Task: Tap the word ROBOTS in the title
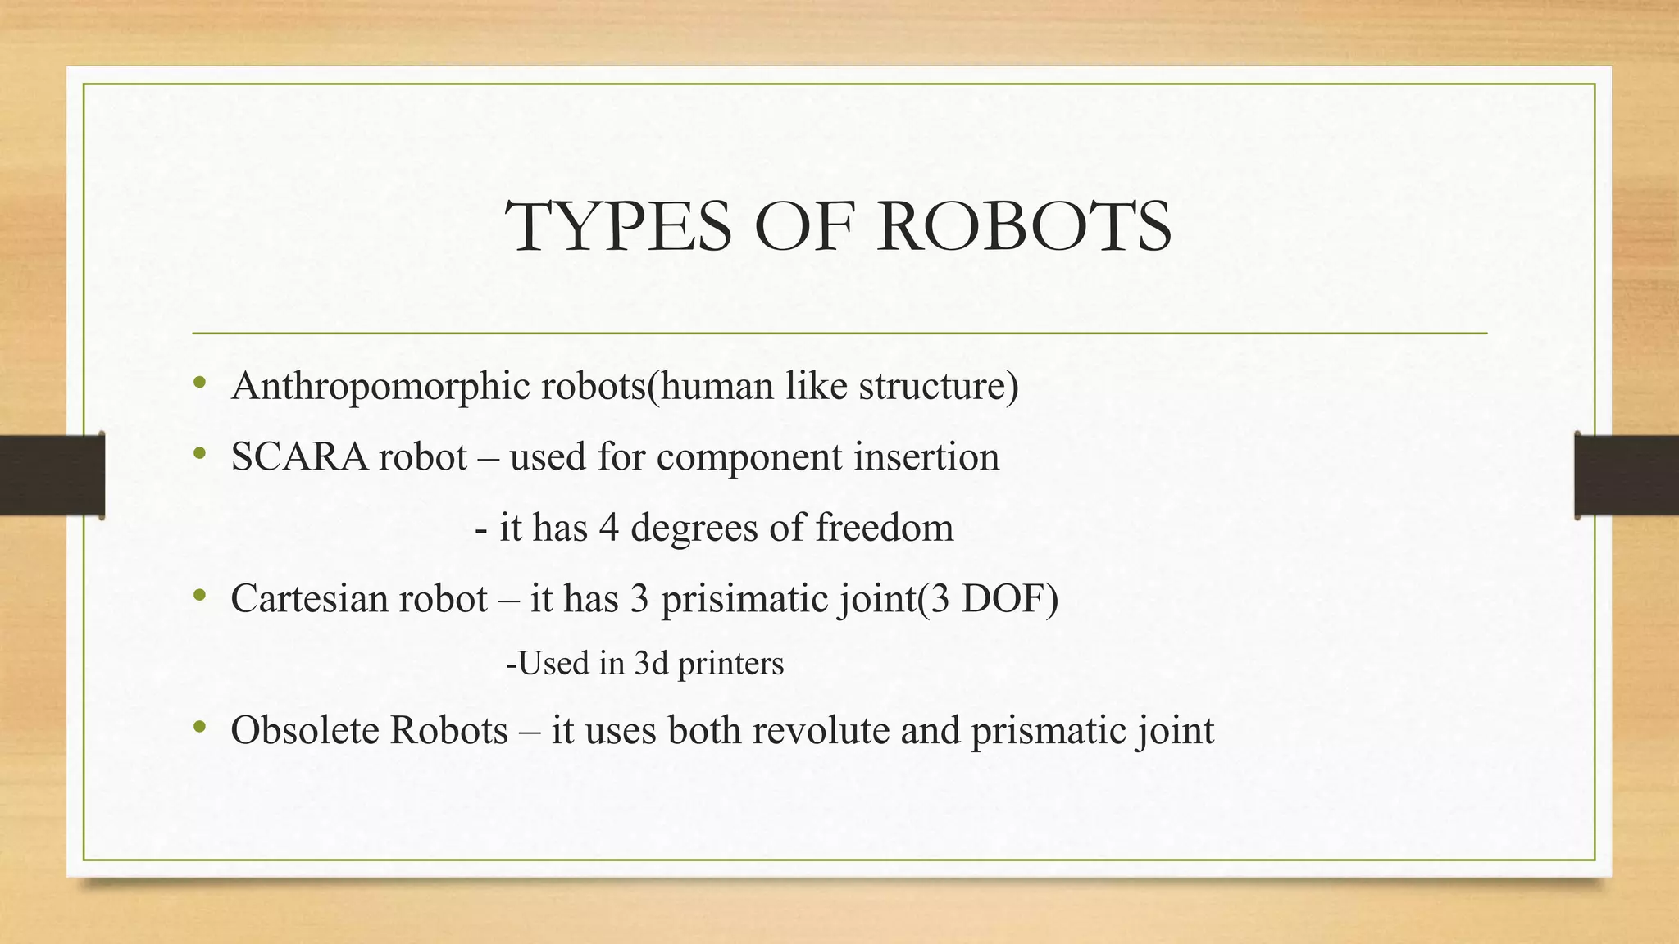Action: (1024, 227)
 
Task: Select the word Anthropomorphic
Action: (381, 386)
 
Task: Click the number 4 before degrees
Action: (608, 528)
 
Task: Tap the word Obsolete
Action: (305, 730)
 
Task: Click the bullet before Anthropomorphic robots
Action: (199, 383)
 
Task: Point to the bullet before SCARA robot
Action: (199, 454)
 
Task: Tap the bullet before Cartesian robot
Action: (199, 596)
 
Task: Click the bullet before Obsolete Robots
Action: (199, 727)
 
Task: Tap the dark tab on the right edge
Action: (1627, 475)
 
